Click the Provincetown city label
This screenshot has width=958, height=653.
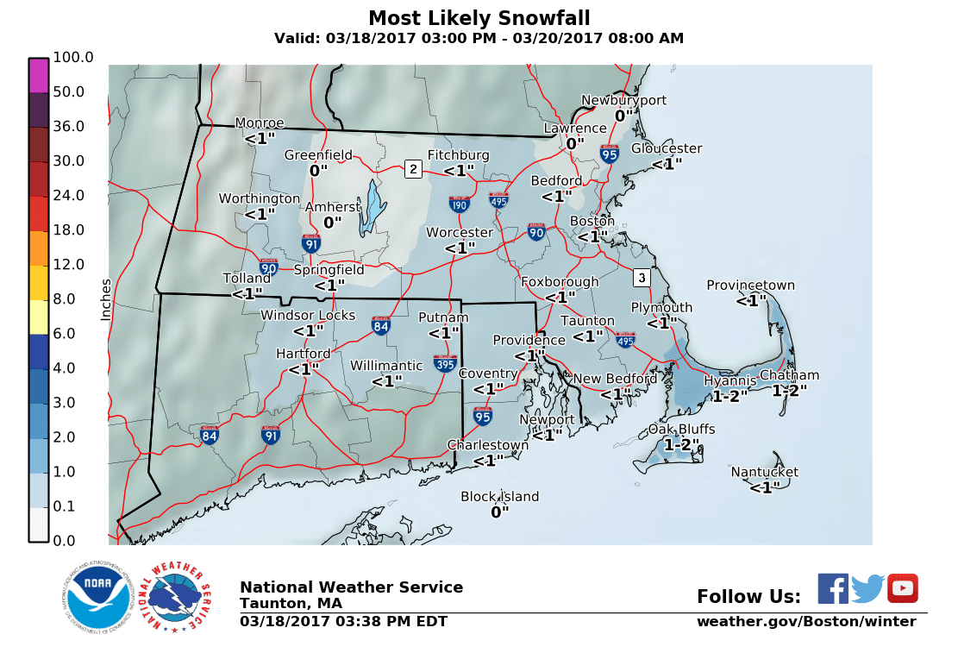pos(750,286)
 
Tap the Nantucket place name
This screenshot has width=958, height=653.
pos(764,472)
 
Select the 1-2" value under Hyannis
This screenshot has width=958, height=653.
pos(729,397)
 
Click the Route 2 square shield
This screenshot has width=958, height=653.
pos(413,168)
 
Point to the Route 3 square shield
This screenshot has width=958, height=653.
pos(641,278)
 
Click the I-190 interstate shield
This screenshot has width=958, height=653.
pos(460,204)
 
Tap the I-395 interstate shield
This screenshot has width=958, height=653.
pos(445,363)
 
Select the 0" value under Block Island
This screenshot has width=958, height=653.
pos(500,512)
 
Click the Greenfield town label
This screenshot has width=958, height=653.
pos(318,155)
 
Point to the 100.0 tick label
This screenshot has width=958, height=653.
pos(72,57)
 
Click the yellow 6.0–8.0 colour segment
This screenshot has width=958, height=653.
pos(39,317)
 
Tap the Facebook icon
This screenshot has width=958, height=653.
pos(833,588)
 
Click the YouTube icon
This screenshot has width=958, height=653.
pos(903,588)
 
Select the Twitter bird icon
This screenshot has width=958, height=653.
pos(867,588)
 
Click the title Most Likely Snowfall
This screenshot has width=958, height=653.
pos(479,19)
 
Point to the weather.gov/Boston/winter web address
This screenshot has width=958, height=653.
pos(806,622)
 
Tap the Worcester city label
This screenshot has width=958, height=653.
pos(460,233)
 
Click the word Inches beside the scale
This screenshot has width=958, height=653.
pos(106,299)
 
